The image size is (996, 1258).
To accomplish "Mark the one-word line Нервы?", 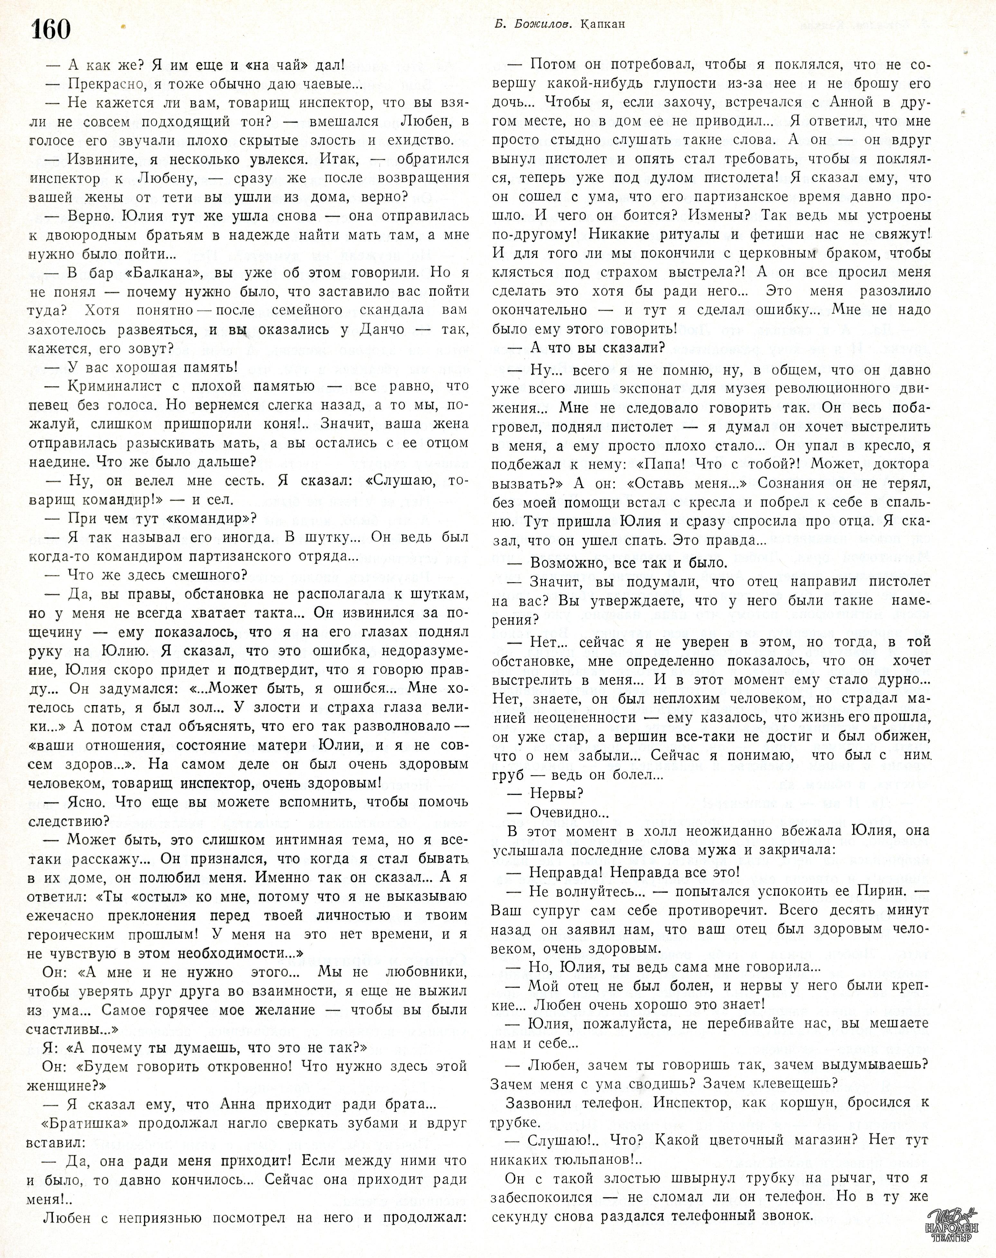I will pyautogui.click(x=557, y=794).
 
